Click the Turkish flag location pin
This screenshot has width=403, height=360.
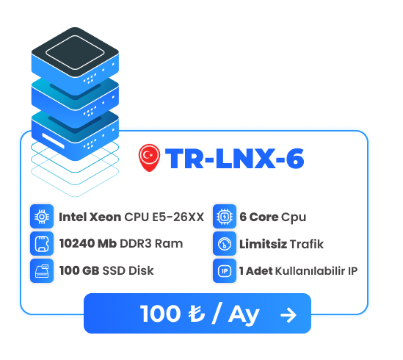pos(149,157)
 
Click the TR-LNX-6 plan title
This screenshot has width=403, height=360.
pos(235,159)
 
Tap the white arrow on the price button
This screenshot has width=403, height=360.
pos(288,314)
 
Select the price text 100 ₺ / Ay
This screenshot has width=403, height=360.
pos(200,314)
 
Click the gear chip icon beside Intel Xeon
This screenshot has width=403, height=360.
pos(42,217)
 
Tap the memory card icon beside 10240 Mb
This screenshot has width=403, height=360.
pos(42,243)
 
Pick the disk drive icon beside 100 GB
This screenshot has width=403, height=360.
pos(42,270)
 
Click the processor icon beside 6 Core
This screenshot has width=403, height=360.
pos(225,217)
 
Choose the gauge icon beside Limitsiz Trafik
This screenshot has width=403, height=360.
pos(225,243)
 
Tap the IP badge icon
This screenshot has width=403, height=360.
pos(225,270)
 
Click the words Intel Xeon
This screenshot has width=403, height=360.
pos(90,217)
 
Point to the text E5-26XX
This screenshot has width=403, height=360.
pos(178,217)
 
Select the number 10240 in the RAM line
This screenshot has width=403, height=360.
pos(77,243)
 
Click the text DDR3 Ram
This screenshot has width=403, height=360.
pos(151,243)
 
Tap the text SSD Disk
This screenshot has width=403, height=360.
pos(128,270)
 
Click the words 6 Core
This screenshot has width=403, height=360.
pos(259,217)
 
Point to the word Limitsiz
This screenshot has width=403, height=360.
pos(264,244)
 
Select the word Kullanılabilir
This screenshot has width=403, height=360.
pos(311,270)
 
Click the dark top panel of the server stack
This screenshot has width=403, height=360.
pos(75,52)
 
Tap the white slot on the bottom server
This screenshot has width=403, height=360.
pos(53,140)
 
